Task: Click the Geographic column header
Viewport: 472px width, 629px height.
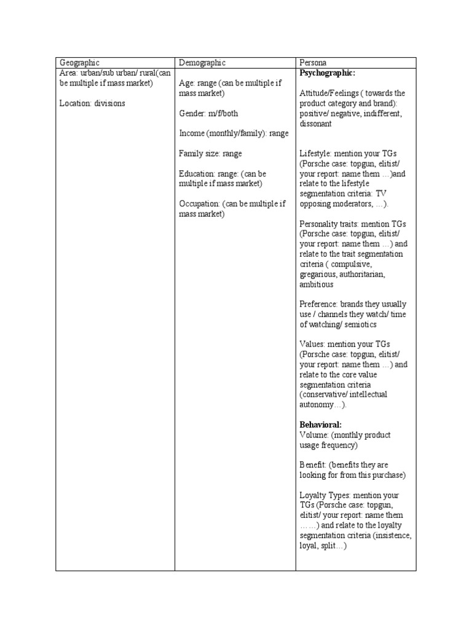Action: click(79, 63)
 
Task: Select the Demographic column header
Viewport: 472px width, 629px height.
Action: click(202, 63)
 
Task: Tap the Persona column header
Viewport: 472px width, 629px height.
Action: click(313, 63)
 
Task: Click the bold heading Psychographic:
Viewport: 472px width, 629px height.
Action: click(327, 73)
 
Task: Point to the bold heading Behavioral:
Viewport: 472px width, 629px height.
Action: click(320, 424)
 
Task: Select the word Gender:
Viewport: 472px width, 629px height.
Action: click(192, 114)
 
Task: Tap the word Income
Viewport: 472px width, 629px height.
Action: click(192, 133)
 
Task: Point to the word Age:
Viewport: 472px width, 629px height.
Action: click(187, 83)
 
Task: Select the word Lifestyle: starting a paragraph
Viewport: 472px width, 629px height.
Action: click(316, 154)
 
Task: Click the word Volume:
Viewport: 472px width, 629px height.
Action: click(314, 435)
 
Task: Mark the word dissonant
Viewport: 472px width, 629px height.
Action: click(315, 123)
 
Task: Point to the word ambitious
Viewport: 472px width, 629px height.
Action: click(317, 284)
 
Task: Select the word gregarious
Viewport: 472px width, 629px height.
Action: click(320, 274)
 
